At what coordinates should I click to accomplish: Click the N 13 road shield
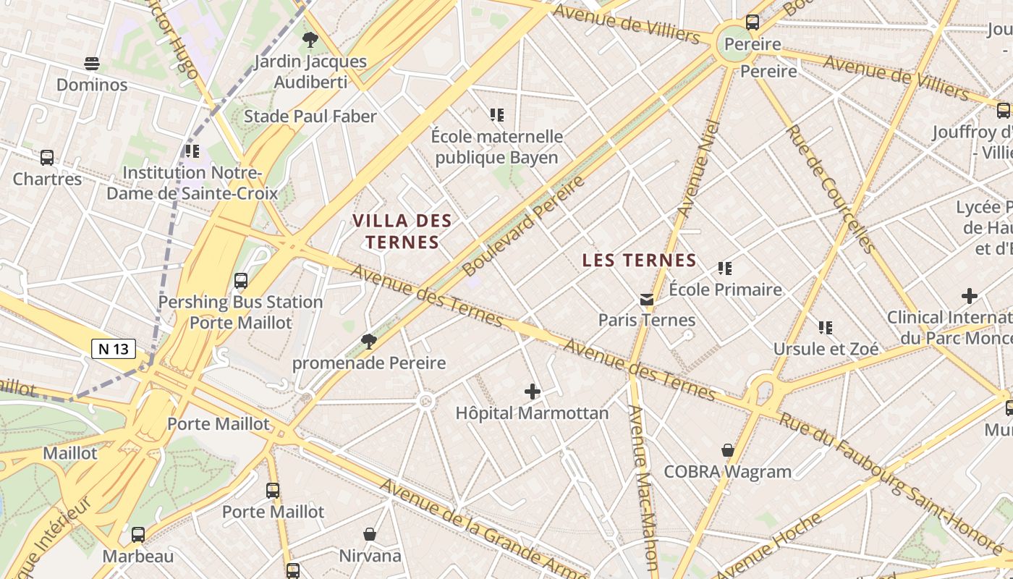click(x=114, y=349)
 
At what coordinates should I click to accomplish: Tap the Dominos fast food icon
click(x=91, y=64)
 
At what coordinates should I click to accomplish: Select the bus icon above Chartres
click(x=47, y=157)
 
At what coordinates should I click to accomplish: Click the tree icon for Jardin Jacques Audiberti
click(x=310, y=39)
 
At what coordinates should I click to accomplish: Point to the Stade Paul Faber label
click(x=310, y=117)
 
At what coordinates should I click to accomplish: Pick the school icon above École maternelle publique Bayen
click(x=496, y=114)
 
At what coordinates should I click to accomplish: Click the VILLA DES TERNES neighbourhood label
click(x=402, y=231)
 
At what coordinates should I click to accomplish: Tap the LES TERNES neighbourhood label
click(x=639, y=261)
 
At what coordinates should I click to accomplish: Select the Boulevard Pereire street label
click(x=523, y=225)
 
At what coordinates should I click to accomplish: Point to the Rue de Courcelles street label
click(x=831, y=188)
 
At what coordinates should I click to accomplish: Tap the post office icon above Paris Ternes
click(x=646, y=299)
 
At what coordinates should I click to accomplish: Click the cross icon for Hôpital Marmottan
click(x=533, y=392)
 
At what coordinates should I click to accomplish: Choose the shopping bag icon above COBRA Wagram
click(x=728, y=450)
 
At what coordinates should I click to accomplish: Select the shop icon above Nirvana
click(x=370, y=534)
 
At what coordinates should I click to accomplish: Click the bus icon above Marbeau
click(x=137, y=535)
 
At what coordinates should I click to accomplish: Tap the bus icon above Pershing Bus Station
click(x=241, y=280)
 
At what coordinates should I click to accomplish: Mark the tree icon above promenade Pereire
click(x=369, y=341)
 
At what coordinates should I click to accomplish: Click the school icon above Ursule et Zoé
click(x=826, y=327)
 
